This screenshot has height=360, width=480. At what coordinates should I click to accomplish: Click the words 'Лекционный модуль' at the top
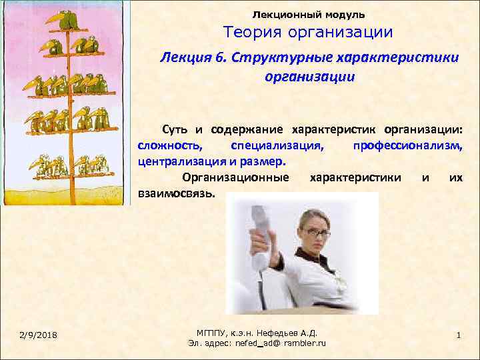coord(309,14)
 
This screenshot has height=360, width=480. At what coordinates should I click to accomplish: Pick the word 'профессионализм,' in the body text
coord(408,145)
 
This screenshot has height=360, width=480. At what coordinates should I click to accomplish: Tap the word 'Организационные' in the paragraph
coord(235,177)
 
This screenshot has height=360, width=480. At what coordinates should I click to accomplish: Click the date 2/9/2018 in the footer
coord(37,334)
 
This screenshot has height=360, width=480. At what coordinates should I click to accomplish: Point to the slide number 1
coord(459,334)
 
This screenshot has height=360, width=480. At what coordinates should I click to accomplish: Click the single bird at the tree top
coord(66,21)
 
